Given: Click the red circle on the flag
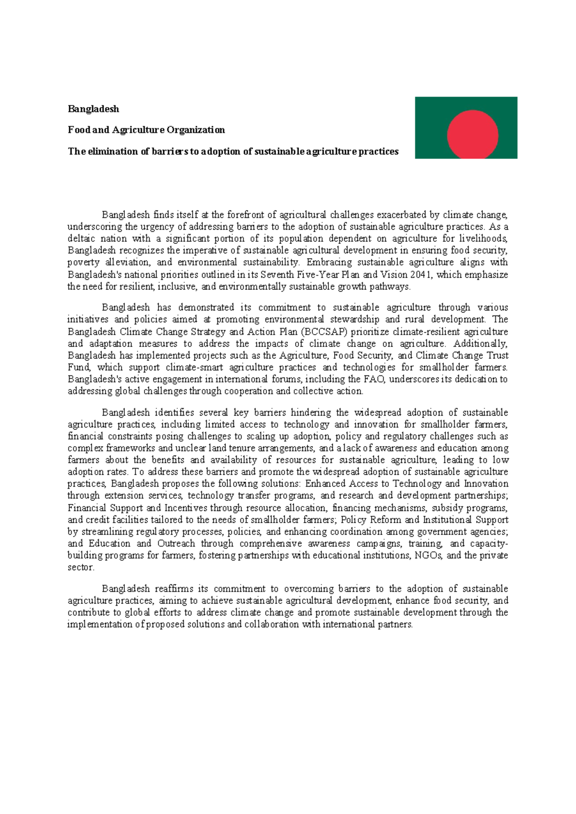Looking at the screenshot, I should click(472, 134).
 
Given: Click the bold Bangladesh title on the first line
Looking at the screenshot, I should click(93, 109).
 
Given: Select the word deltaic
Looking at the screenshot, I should click(81, 239).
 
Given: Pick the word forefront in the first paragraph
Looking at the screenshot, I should click(245, 215).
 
